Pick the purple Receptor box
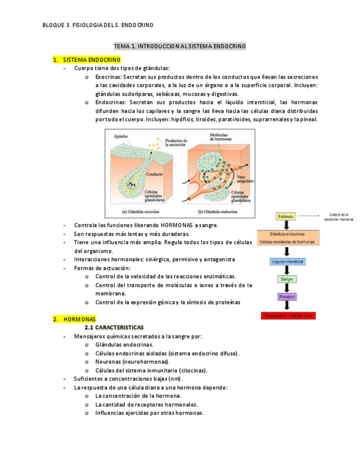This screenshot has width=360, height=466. (x=287, y=297)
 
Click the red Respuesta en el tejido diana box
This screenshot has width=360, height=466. (x=288, y=316)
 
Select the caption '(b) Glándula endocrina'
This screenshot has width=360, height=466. (x=217, y=211)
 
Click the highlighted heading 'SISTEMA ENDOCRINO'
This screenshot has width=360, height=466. (x=92, y=59)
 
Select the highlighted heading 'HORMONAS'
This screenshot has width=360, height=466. (x=79, y=319)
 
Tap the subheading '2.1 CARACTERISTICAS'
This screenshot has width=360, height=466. (x=118, y=327)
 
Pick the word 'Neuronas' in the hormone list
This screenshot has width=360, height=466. (x=108, y=362)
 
